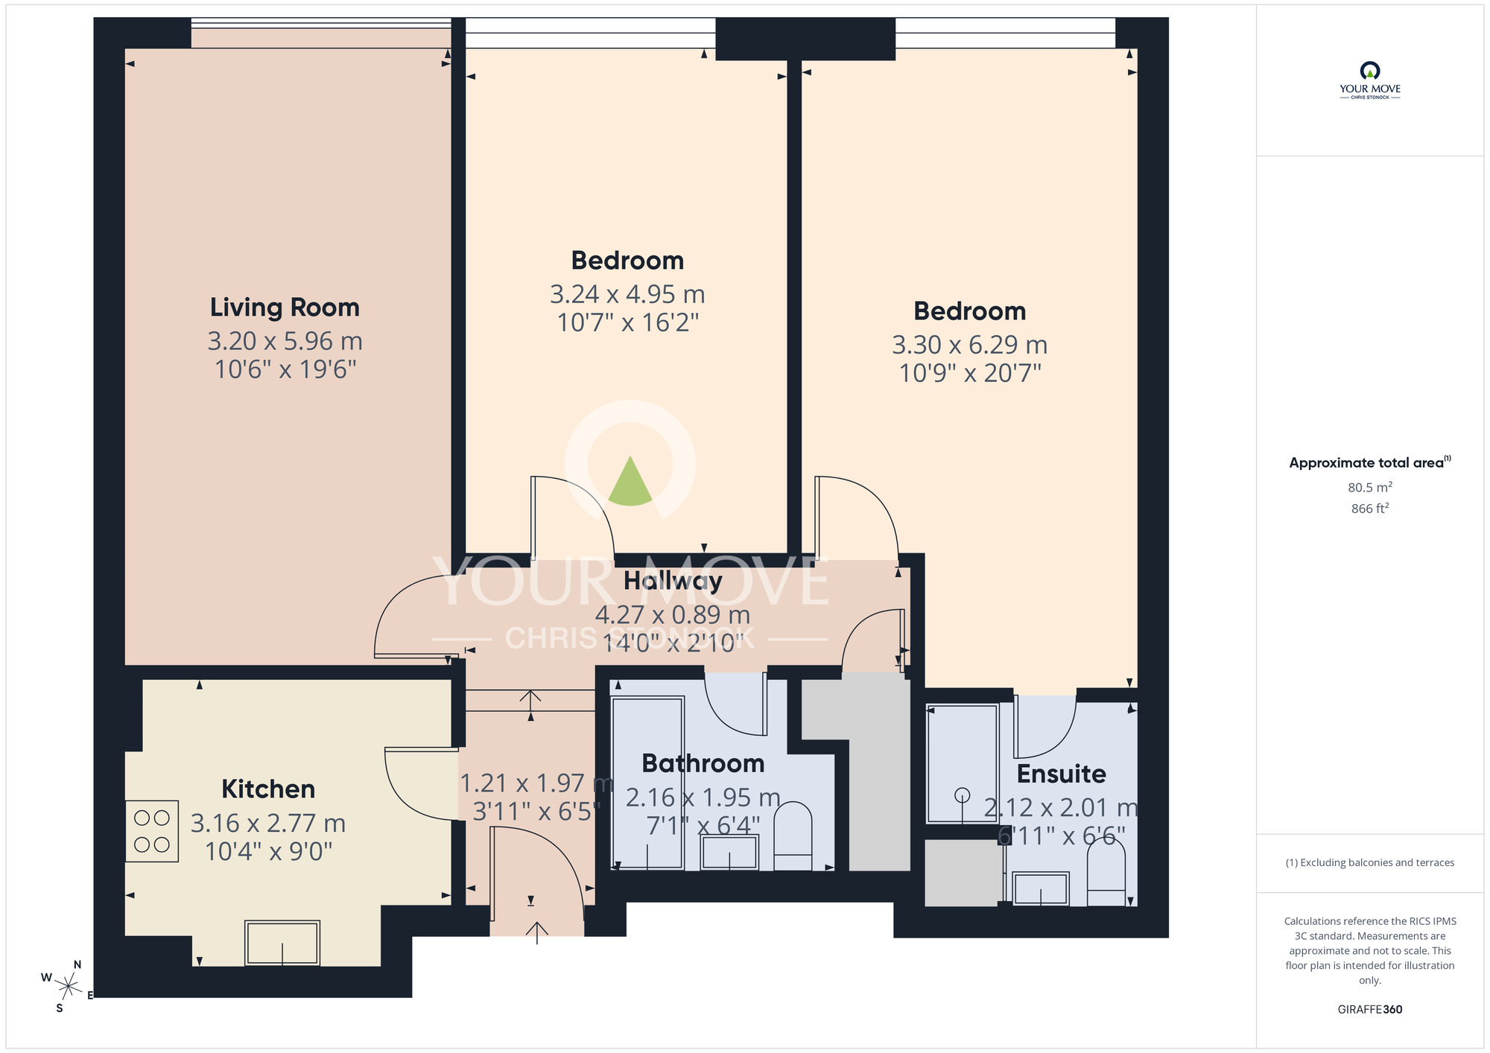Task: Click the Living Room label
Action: click(x=285, y=308)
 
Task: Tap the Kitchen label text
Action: click(x=268, y=789)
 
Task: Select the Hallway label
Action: click(x=673, y=581)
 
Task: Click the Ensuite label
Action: click(x=1061, y=774)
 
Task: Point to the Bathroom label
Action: click(x=703, y=764)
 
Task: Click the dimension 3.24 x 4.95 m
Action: click(x=627, y=295)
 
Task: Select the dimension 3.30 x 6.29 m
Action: click(x=969, y=346)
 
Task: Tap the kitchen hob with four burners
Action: click(x=152, y=831)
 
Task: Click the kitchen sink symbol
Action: click(x=282, y=943)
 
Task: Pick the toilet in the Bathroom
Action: click(x=793, y=836)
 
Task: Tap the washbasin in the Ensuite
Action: click(x=1041, y=888)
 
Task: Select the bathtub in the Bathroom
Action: click(x=647, y=782)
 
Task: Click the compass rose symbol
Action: click(x=68, y=987)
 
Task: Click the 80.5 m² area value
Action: click(x=1369, y=488)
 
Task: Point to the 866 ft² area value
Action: click(x=1369, y=509)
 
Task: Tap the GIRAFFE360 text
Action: click(x=1369, y=1010)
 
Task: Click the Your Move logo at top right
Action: click(x=1369, y=80)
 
